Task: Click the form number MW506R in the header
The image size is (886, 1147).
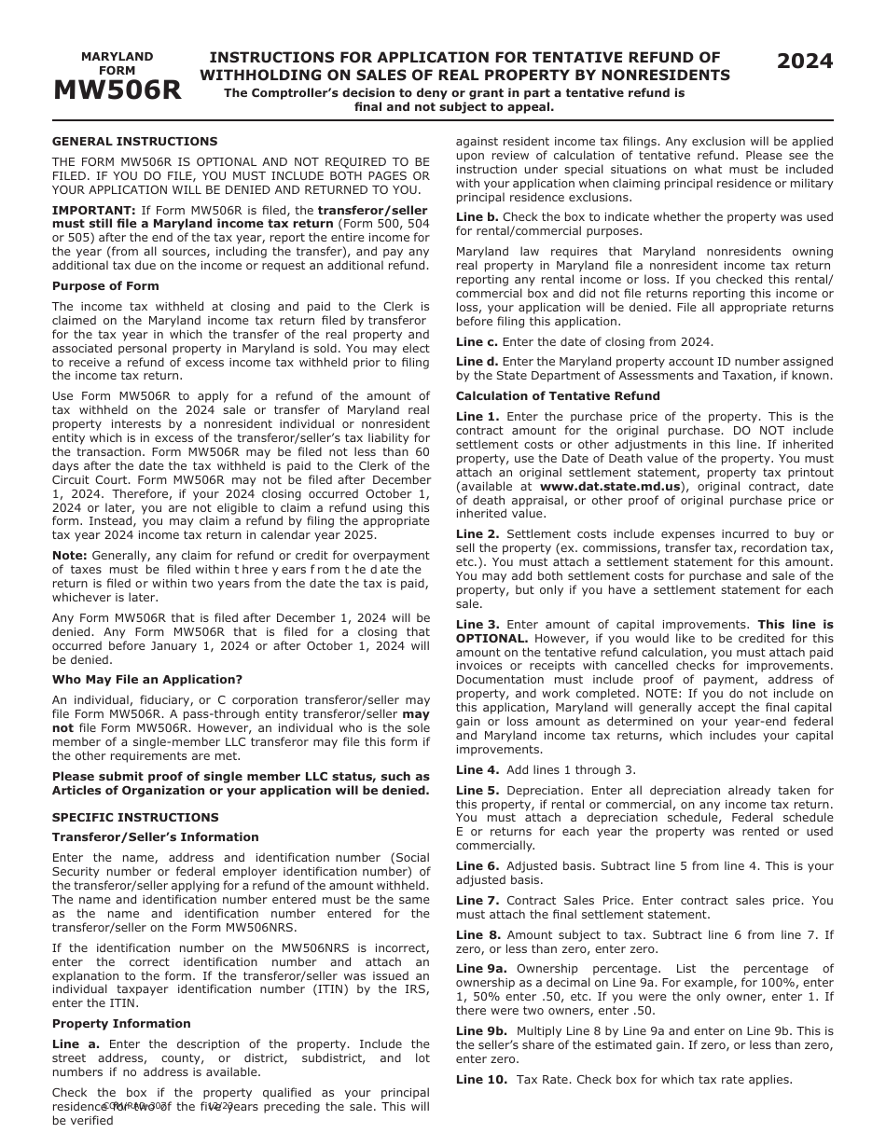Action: point(117,90)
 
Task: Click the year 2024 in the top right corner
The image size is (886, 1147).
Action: point(805,62)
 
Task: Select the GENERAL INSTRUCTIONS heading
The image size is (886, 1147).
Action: point(134,142)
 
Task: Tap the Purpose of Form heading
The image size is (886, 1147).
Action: point(105,286)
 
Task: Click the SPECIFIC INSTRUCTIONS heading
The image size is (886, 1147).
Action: point(135,817)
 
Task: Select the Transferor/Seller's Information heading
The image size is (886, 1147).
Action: point(155,837)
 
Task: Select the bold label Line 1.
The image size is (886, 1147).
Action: point(478,417)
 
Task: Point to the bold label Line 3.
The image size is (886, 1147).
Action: point(478,625)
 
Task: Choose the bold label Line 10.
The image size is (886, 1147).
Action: point(481,1080)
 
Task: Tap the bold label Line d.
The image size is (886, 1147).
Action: point(477,362)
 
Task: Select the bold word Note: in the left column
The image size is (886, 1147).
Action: point(70,556)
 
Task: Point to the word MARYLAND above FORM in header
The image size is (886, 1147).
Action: point(117,57)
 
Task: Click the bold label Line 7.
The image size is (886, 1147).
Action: point(478,901)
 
